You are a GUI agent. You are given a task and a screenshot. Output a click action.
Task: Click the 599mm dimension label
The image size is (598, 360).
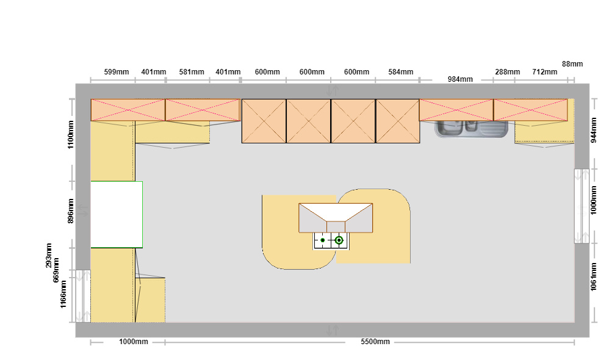(117, 72)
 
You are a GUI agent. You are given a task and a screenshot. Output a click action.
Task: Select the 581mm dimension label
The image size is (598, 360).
(192, 72)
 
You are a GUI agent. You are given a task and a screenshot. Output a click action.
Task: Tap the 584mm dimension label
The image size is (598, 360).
(401, 72)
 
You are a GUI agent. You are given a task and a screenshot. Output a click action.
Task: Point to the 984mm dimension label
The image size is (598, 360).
(460, 79)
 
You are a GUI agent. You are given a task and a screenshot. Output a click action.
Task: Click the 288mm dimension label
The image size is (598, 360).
(507, 72)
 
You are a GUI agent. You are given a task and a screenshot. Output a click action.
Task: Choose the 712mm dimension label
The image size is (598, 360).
(544, 72)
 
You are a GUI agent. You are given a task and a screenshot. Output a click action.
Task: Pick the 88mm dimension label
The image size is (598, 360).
(572, 63)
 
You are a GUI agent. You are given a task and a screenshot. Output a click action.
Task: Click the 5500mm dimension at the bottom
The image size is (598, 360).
(375, 342)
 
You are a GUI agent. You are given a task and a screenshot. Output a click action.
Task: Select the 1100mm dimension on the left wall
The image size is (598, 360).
(71, 135)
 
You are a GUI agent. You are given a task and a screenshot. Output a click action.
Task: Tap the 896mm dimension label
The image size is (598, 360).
(71, 211)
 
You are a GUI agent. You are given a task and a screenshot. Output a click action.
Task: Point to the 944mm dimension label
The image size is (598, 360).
(593, 130)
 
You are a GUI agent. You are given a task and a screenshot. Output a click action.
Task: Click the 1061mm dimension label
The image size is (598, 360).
(593, 276)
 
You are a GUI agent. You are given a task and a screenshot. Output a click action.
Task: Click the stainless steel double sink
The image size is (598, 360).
(471, 129)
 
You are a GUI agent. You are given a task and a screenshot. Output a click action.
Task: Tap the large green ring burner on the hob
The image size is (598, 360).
(339, 240)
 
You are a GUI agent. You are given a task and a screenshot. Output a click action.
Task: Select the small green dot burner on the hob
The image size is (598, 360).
(323, 240)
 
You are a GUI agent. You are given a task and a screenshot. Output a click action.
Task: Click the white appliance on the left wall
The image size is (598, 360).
(117, 215)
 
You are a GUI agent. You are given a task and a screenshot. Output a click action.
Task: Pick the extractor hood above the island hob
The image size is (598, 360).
(336, 218)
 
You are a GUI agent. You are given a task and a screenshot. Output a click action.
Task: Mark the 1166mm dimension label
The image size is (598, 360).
(63, 294)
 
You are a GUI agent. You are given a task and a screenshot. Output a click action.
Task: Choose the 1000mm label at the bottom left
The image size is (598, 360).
(134, 342)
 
